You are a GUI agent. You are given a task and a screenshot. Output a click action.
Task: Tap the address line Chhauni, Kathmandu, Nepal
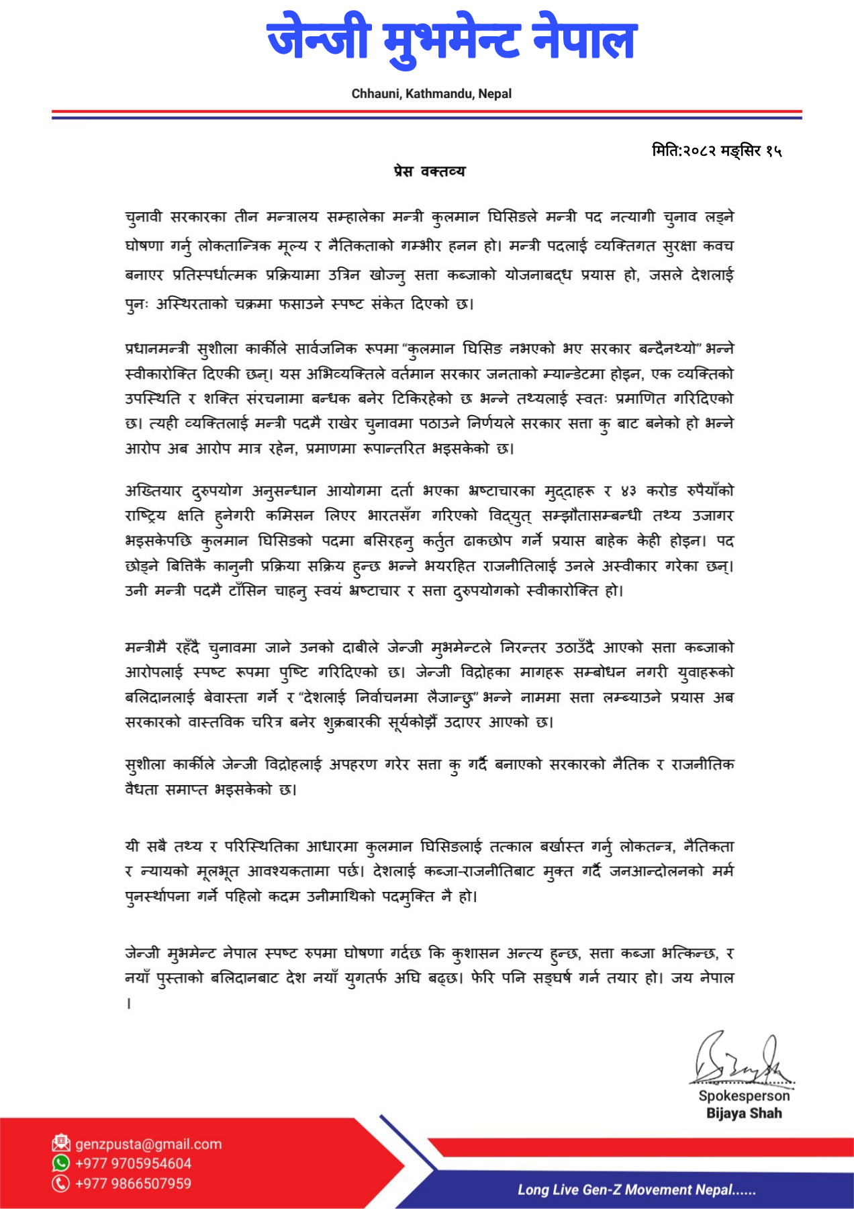[x=431, y=94]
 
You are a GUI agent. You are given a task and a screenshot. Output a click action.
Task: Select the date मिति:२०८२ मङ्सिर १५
[x=716, y=150]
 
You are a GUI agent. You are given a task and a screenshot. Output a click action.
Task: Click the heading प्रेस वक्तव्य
[x=430, y=171]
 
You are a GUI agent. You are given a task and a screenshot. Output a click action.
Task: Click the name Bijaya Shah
[x=744, y=1113]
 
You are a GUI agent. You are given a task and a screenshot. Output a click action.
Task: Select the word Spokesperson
[x=744, y=1095]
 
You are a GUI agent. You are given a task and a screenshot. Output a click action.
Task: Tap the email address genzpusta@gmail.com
[x=148, y=1144]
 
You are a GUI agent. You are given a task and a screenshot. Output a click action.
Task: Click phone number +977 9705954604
[x=134, y=1163]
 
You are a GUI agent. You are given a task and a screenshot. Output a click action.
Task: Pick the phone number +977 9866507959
[x=134, y=1183]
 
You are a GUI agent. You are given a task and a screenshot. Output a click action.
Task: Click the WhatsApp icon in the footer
[x=61, y=1163]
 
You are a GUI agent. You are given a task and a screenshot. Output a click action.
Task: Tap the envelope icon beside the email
[x=61, y=1143]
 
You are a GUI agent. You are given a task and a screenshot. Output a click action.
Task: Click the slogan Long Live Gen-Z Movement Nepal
[x=636, y=1190]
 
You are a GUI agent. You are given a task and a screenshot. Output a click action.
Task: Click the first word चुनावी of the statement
[x=144, y=218]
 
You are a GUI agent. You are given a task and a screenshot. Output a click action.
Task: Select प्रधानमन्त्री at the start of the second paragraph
[x=158, y=349]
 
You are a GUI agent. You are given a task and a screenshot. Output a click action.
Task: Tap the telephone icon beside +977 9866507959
[x=61, y=1183]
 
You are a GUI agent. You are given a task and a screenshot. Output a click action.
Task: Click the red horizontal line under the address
[x=427, y=111]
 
